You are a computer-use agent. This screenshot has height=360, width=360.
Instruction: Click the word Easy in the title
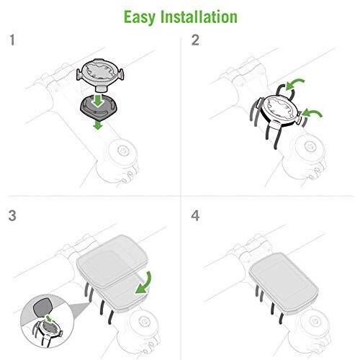tap(142, 15)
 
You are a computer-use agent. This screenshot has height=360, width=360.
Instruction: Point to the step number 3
tap(12, 215)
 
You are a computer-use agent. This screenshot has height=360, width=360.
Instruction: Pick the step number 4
tap(195, 215)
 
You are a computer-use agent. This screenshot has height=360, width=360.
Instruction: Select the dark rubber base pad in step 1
tap(99, 109)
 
